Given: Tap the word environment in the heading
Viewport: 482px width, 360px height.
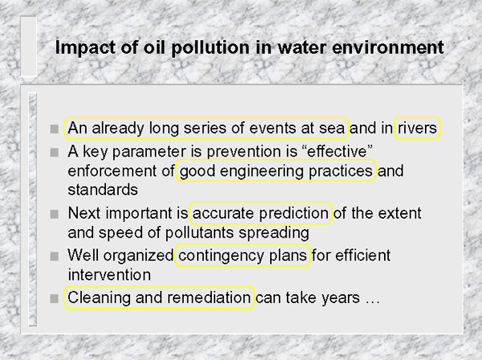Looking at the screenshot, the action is point(388,47).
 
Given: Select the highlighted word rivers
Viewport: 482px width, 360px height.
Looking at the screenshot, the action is point(418,128).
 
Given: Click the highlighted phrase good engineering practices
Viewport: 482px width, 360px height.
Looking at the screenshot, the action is point(276,170).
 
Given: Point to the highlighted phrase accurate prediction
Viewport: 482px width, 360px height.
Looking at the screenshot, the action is point(260,213).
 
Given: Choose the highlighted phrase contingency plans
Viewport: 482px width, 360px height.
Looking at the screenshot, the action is point(243,256).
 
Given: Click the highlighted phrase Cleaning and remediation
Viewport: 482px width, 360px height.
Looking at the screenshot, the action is point(159,297).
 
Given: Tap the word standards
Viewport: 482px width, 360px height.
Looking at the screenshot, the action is point(103,190).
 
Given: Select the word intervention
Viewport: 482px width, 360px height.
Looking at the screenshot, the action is point(109,275).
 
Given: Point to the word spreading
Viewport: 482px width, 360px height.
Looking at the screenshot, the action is point(274,233).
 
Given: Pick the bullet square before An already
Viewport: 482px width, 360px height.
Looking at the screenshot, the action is point(55,129).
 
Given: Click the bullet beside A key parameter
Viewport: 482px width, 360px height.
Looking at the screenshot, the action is point(55,152).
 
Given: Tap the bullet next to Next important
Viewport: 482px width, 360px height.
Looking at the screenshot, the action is point(55,214).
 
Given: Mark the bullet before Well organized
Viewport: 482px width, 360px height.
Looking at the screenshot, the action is point(55,256).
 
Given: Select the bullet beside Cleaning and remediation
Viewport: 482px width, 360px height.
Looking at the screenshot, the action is point(55,298).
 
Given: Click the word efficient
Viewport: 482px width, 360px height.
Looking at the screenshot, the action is point(363,256).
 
